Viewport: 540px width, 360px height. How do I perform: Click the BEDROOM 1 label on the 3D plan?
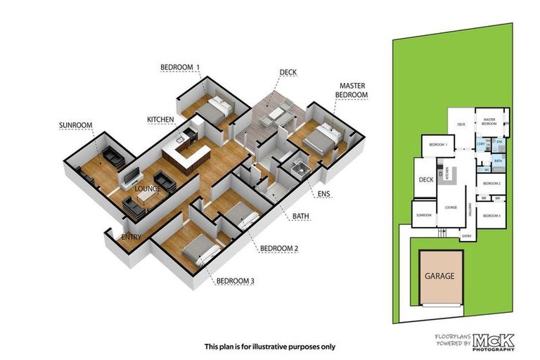tap(181, 67)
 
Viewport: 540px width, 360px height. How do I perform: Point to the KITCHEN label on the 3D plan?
tap(160, 120)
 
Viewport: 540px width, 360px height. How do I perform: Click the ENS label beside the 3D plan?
tap(323, 193)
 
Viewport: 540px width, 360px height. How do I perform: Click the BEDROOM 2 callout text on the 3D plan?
tap(279, 248)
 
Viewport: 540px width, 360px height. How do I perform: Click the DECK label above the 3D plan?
tap(288, 72)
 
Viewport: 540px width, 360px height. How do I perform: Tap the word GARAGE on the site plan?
tap(439, 276)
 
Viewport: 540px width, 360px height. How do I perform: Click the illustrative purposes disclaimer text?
tap(270, 346)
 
